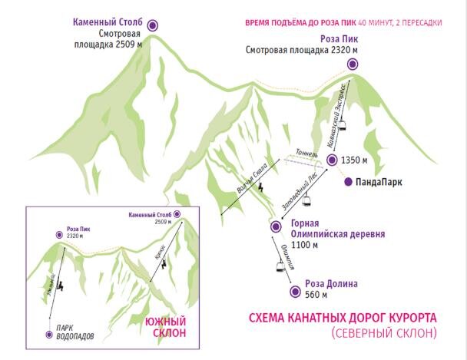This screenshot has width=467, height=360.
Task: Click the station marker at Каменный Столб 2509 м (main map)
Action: pos(152,25)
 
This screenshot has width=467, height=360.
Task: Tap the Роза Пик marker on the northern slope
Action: pos(352,64)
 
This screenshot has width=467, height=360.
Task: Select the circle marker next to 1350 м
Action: pos(331,160)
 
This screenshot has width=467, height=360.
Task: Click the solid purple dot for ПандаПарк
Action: pos(348,182)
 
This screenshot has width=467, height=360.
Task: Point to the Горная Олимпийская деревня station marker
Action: pos(275,226)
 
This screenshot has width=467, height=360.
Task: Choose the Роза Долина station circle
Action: pos(294,292)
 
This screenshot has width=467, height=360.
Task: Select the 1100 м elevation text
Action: pos(303,246)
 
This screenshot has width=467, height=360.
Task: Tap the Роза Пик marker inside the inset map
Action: pos(60,234)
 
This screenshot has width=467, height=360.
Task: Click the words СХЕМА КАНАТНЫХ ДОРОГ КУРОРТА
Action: pos(343,317)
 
